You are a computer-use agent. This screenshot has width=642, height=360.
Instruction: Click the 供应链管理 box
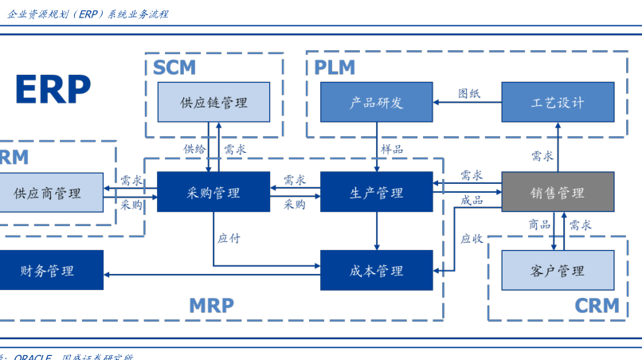pyautogui.click(x=213, y=102)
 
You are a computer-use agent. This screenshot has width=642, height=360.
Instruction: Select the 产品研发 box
pyautogui.click(x=376, y=102)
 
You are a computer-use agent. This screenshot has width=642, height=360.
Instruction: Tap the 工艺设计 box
pyautogui.click(x=558, y=102)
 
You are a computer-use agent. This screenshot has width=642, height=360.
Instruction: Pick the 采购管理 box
pyautogui.click(x=213, y=192)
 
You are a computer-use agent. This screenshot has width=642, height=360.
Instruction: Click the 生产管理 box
pyautogui.click(x=376, y=192)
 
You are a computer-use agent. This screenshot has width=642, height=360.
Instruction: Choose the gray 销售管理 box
pyautogui.click(x=558, y=192)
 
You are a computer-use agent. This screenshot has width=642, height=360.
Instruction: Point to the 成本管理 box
pyautogui.click(x=376, y=270)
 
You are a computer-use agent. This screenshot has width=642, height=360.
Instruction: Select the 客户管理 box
pyautogui.click(x=558, y=270)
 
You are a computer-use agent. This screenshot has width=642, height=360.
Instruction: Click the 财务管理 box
pyautogui.click(x=49, y=270)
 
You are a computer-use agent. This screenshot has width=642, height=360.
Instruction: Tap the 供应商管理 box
pyautogui.click(x=49, y=192)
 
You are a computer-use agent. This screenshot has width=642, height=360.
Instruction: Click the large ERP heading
pyautogui.click(x=53, y=89)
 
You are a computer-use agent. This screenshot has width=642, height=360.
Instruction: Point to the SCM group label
pyautogui.click(x=174, y=67)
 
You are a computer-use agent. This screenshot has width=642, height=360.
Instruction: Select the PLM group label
pyautogui.click(x=335, y=67)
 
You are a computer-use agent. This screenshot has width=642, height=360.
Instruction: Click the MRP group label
pyautogui.click(x=211, y=305)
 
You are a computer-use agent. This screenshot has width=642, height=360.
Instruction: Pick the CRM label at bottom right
pyautogui.click(x=597, y=305)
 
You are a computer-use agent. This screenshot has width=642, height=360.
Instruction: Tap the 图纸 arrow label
pyautogui.click(x=469, y=93)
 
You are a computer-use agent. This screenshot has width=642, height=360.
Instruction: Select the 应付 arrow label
pyautogui.click(x=229, y=237)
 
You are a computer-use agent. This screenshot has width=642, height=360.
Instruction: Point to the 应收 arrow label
pyautogui.click(x=472, y=237)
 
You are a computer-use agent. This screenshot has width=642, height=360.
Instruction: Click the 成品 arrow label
pyautogui.click(x=472, y=200)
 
